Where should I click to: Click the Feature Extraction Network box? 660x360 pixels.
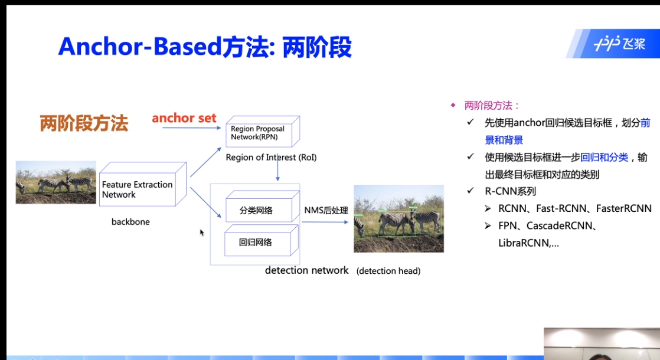[x=143, y=184]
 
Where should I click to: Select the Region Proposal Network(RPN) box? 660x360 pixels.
[x=263, y=132]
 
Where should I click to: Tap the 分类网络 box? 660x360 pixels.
[x=263, y=206]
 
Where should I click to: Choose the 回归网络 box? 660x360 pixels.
[x=262, y=240]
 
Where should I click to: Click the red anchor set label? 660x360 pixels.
[x=184, y=118]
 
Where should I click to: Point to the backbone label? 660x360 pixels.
[x=130, y=222]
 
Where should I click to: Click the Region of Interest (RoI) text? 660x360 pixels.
[x=271, y=158]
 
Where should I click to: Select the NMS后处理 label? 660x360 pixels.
[x=326, y=210]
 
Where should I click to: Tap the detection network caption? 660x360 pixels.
[x=306, y=270]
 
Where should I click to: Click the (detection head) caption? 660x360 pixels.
[x=388, y=271]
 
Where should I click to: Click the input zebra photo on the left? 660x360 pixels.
[x=56, y=182]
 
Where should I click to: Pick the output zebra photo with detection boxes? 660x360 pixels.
[x=398, y=219]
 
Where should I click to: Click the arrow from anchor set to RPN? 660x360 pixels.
[x=191, y=128]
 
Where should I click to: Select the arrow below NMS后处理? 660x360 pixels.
[x=325, y=222]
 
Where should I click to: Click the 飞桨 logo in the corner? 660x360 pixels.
[x=619, y=43]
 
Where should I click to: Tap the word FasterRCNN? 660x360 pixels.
[x=624, y=208]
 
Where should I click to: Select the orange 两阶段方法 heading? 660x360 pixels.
[x=84, y=124]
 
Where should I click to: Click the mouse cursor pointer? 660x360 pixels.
[x=202, y=233]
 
